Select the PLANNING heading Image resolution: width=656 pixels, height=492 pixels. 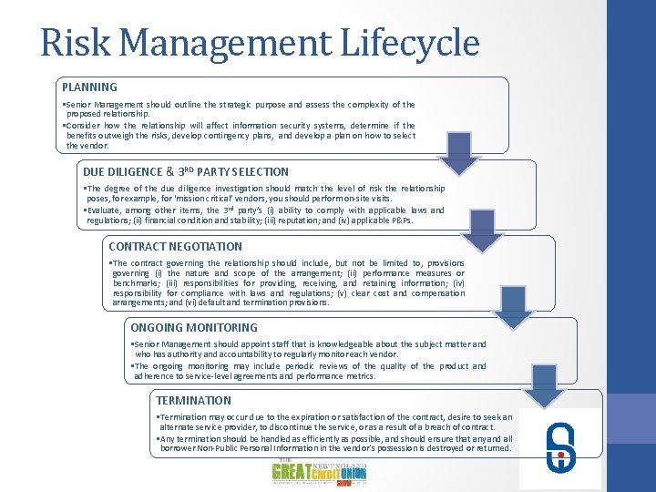[89, 87]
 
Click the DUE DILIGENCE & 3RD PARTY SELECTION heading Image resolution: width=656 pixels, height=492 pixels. [186, 171]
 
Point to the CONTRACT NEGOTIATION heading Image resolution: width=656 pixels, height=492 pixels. [176, 246]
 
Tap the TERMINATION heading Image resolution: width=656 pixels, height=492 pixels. [194, 400]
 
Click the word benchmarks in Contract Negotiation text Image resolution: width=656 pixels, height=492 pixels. [136, 283]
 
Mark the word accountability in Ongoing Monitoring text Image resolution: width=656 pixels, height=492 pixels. [251, 354]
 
